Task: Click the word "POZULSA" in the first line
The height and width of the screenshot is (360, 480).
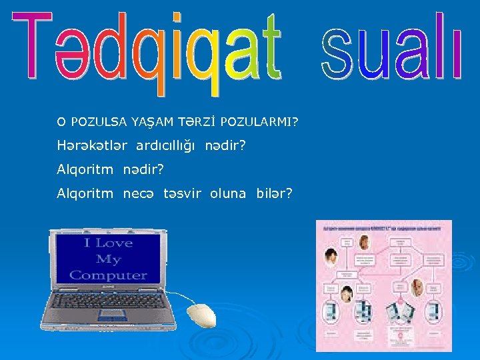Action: pyautogui.click(x=99, y=122)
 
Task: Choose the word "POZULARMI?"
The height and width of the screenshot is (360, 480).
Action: pyautogui.click(x=259, y=122)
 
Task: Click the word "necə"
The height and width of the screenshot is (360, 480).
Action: pyautogui.click(x=138, y=193)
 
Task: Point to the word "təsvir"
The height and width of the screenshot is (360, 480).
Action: pyautogui.click(x=183, y=193)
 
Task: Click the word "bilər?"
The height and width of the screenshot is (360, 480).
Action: pyautogui.click(x=275, y=193)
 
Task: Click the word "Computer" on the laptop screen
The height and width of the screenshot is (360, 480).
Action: pyautogui.click(x=108, y=275)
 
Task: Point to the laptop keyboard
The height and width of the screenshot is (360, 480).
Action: pyautogui.click(x=109, y=302)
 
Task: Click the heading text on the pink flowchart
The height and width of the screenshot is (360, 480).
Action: pyautogui.click(x=383, y=228)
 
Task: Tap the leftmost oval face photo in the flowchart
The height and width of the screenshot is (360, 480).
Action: pyautogui.click(x=331, y=255)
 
